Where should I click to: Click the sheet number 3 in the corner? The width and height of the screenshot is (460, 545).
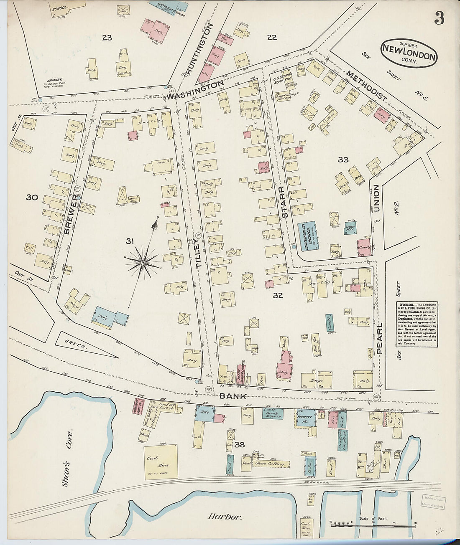pyautogui.click(x=439, y=18)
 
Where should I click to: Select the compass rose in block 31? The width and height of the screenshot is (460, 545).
pyautogui.click(x=143, y=262)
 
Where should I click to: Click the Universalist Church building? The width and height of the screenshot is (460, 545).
pyautogui.click(x=308, y=236)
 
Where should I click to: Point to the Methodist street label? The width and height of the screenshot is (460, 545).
pyautogui.click(x=366, y=85)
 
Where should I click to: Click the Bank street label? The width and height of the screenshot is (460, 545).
pyautogui.click(x=233, y=396)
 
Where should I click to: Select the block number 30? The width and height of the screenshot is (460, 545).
pyautogui.click(x=32, y=197)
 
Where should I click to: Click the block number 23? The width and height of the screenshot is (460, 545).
pyautogui.click(x=107, y=38)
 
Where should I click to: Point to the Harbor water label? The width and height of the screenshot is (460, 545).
pyautogui.click(x=225, y=517)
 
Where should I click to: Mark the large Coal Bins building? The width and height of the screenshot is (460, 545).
pyautogui.click(x=161, y=461)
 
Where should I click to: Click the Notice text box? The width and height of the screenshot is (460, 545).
pyautogui.click(x=417, y=324)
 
